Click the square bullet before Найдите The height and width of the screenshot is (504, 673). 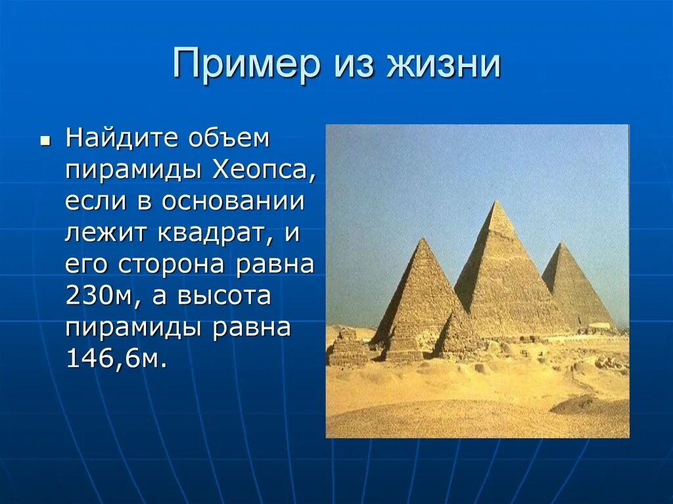coord(45,141)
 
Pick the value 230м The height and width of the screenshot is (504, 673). coord(99,296)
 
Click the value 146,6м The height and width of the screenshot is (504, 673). coord(112,358)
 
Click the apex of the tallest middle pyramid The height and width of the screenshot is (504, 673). coord(497,202)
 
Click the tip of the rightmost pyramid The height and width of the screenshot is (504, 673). coord(561,244)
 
